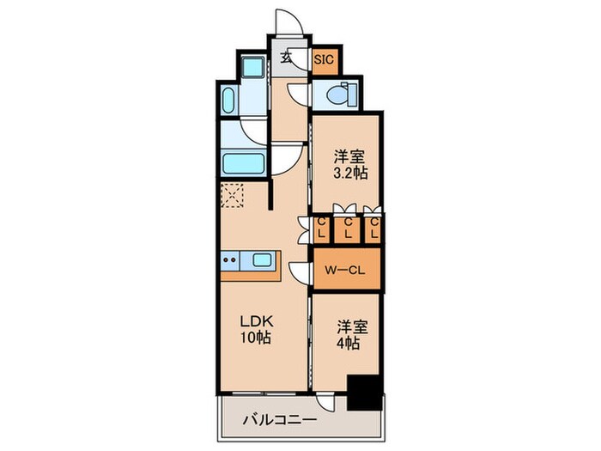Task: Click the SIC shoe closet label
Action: [x=324, y=60]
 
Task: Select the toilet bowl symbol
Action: [x=343, y=95]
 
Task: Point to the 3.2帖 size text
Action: [x=350, y=172]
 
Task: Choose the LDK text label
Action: [x=254, y=323]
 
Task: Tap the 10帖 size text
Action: [x=254, y=338]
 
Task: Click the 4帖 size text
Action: [x=348, y=342]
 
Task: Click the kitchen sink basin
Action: [x=261, y=259]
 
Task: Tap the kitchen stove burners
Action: [x=230, y=259]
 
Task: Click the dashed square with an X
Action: [x=233, y=196]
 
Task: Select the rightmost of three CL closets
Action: [x=374, y=228]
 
